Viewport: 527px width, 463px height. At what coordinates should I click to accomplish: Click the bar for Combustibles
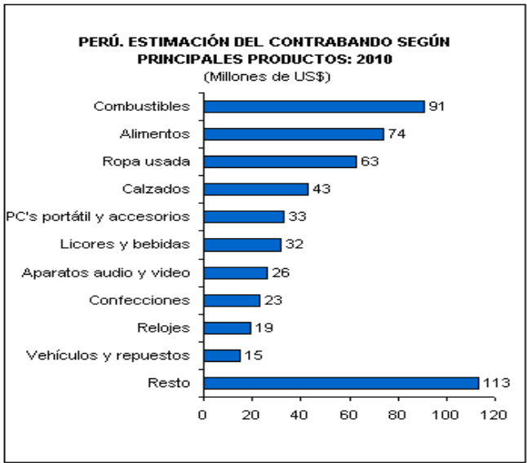(x=314, y=106)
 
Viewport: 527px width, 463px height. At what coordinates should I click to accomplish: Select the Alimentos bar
(x=294, y=134)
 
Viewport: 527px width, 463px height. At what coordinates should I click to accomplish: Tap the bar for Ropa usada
(x=280, y=161)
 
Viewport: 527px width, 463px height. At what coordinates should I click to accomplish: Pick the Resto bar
(x=341, y=383)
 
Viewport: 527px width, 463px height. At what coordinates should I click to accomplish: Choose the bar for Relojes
(x=227, y=328)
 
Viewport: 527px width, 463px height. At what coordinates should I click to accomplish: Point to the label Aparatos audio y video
(x=106, y=272)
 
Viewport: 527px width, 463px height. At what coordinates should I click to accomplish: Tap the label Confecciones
(x=139, y=300)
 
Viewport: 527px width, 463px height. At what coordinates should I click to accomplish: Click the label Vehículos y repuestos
(x=108, y=355)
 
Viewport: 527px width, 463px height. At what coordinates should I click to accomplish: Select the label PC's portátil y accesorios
(x=98, y=217)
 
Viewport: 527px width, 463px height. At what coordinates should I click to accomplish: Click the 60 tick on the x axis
(x=349, y=413)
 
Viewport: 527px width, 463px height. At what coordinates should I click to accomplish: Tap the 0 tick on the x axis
(x=204, y=413)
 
